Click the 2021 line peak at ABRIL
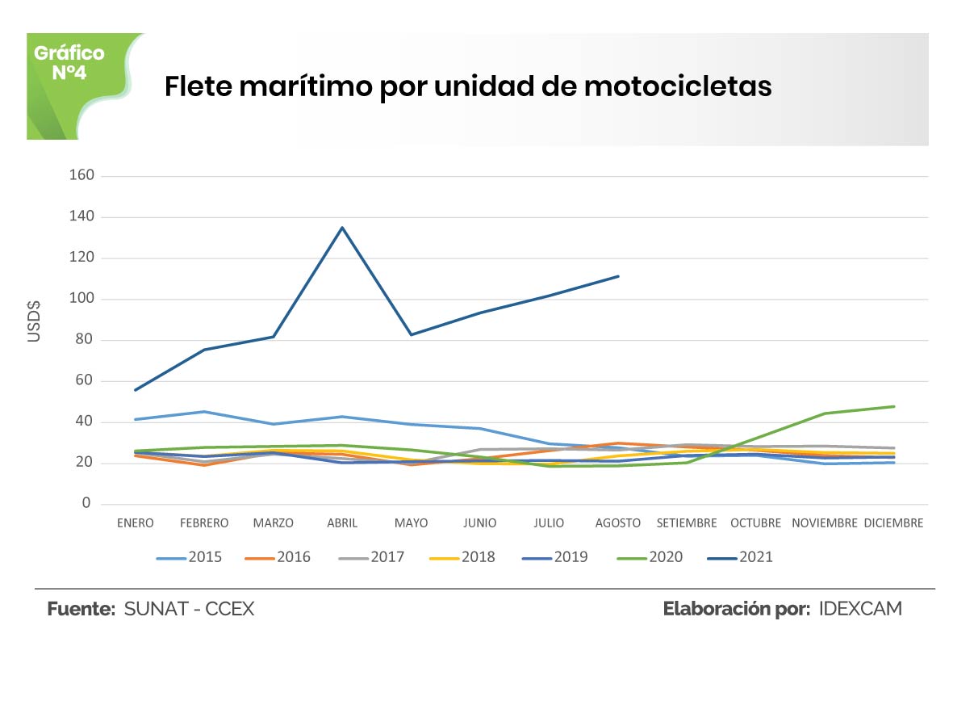(342, 228)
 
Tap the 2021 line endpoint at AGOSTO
(618, 276)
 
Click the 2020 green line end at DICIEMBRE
(893, 406)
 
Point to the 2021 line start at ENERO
(135, 390)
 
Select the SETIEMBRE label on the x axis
(687, 523)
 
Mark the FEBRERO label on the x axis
(204, 523)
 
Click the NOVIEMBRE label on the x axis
(824, 523)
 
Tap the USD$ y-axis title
(34, 320)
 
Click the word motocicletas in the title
(678, 86)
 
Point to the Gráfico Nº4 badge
(69, 63)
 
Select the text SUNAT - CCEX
(189, 609)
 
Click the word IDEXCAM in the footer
(860, 609)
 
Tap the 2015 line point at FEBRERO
(204, 412)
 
